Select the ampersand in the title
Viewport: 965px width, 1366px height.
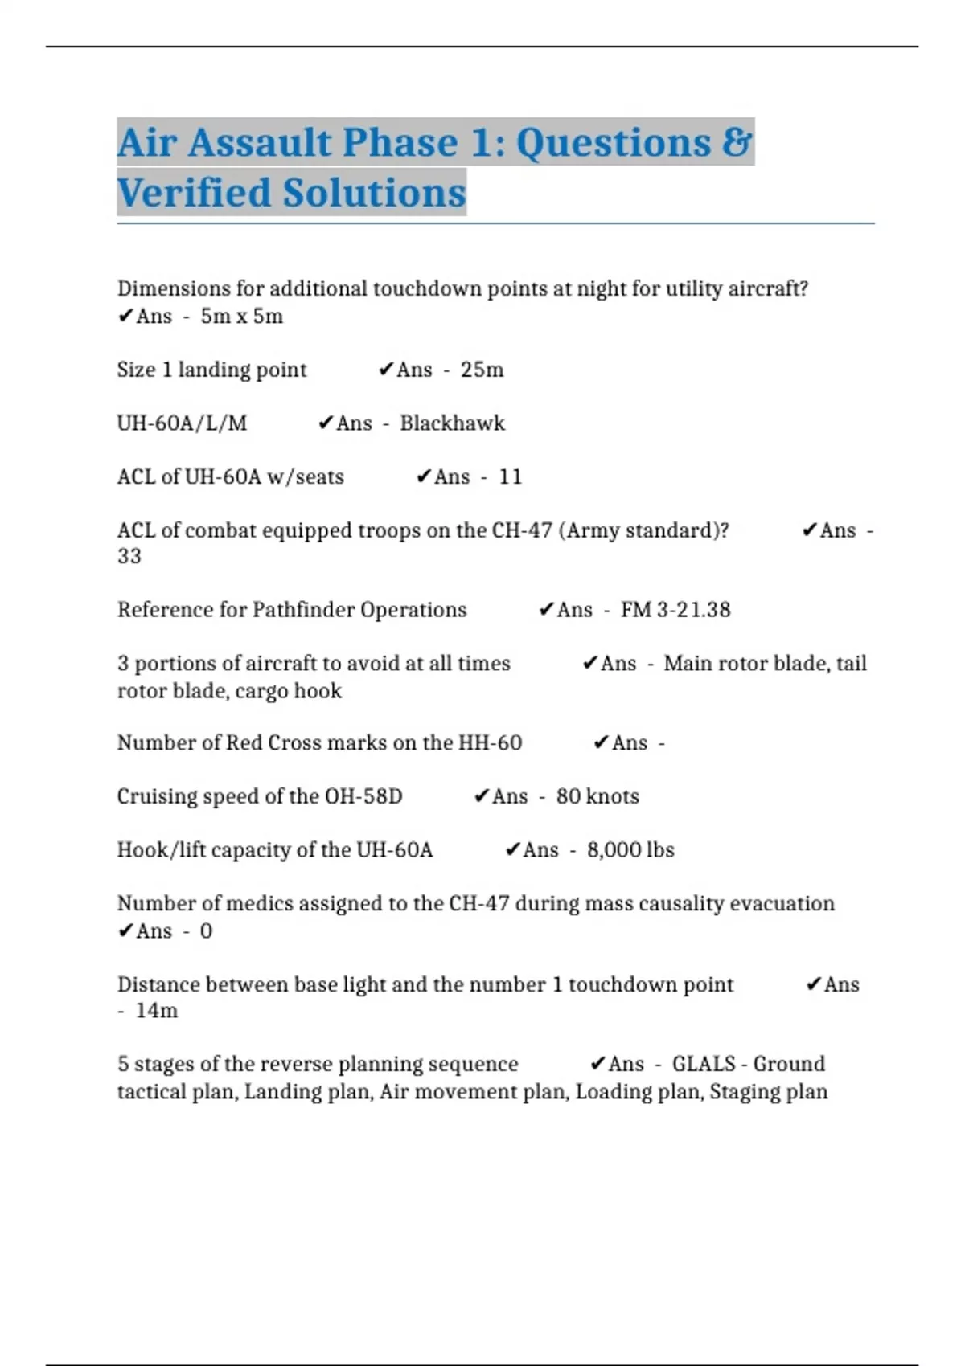pos(736,143)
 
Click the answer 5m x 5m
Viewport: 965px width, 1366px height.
pos(241,317)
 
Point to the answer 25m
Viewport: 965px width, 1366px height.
pos(482,370)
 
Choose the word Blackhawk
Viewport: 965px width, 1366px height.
pos(452,423)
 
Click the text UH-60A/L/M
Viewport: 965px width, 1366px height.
pos(182,423)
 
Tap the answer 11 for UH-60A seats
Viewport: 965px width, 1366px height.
pos(510,477)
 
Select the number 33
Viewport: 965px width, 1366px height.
pos(129,556)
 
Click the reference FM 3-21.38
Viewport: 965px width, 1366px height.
pos(675,610)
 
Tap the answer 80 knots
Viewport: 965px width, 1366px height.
pos(597,796)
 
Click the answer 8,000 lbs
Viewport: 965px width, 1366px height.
pos(630,850)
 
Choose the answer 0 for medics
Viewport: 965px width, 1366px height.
pos(206,931)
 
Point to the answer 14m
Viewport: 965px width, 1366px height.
pos(156,1011)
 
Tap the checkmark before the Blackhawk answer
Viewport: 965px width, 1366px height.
pos(325,423)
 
